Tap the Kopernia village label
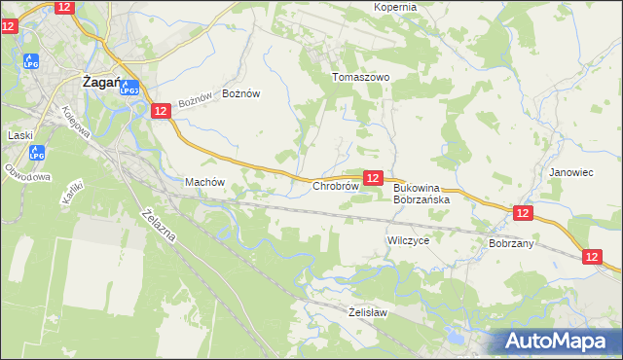point(395,7)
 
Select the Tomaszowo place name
point(360,77)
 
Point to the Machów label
point(204,182)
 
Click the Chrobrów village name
point(337,185)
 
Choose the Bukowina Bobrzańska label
point(421,194)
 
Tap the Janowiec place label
point(570,172)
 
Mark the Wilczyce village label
point(408,239)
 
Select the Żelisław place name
point(368,312)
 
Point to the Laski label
point(20,135)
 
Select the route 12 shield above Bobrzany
point(523,213)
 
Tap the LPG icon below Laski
point(37,154)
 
